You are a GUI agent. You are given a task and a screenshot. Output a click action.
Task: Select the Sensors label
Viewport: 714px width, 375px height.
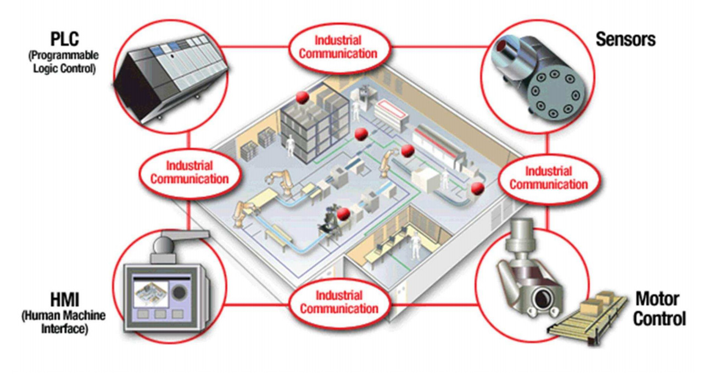[x=626, y=39]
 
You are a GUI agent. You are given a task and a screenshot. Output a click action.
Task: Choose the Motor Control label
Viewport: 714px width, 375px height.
[x=659, y=308]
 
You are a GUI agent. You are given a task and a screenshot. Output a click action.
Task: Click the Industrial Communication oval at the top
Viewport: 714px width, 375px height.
[x=338, y=47]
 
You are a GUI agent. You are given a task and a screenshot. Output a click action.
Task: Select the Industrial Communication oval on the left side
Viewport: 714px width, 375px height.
[x=189, y=172]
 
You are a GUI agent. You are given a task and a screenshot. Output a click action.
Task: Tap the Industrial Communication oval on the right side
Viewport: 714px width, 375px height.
[x=548, y=177]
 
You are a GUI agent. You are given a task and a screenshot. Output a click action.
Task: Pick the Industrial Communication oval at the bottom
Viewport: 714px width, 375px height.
[x=338, y=302]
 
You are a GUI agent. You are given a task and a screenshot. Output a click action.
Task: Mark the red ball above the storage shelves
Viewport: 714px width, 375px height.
[x=302, y=97]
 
